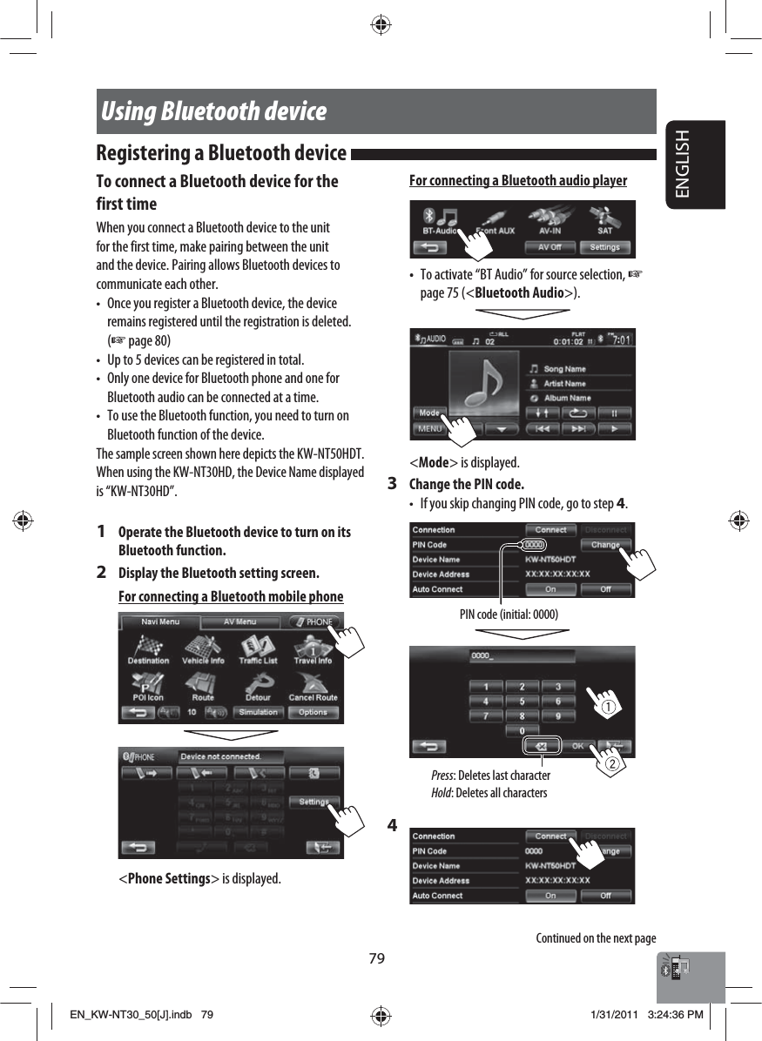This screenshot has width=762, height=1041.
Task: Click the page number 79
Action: pyautogui.click(x=375, y=958)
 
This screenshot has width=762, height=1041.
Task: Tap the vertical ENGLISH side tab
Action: pyautogui.click(x=694, y=165)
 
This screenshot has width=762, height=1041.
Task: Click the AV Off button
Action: pyautogui.click(x=550, y=247)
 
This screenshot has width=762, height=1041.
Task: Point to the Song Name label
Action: pyautogui.click(x=564, y=369)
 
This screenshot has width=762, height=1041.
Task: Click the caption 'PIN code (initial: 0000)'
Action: pyautogui.click(x=509, y=615)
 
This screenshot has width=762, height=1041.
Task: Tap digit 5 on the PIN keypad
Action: pyautogui.click(x=522, y=702)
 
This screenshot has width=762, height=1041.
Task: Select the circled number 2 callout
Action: pyautogui.click(x=613, y=764)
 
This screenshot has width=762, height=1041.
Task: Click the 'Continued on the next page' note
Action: pyautogui.click(x=596, y=938)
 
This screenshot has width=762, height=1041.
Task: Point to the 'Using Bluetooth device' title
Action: pyautogui.click(x=214, y=111)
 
